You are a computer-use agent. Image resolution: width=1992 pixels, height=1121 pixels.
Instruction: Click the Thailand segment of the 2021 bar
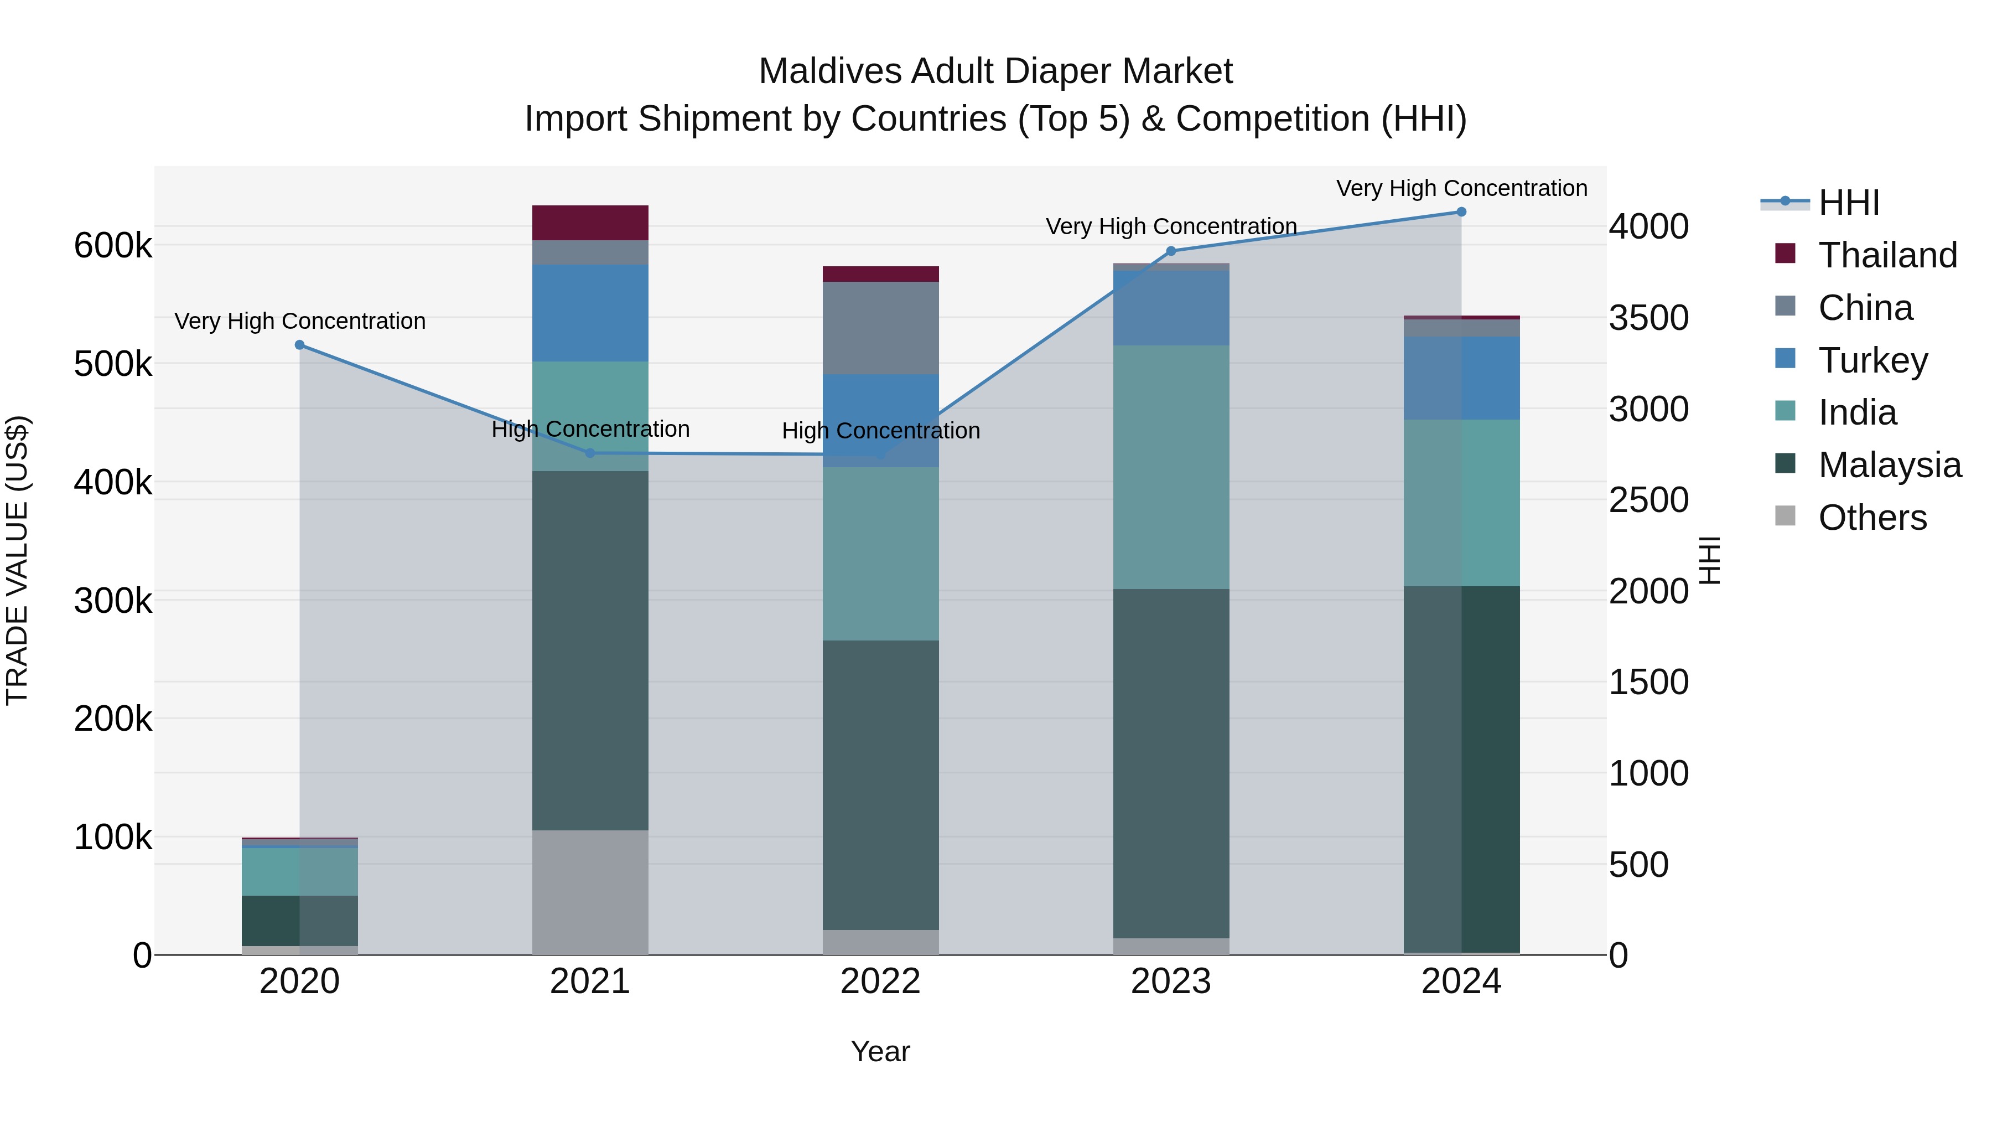[590, 223]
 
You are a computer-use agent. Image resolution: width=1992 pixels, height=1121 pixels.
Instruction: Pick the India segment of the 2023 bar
[1171, 467]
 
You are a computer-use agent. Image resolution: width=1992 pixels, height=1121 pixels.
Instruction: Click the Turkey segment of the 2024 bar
[1461, 378]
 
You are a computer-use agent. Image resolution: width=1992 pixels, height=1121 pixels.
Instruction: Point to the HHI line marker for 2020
[300, 345]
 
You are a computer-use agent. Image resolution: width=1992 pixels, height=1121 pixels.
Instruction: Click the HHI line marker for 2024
[1461, 212]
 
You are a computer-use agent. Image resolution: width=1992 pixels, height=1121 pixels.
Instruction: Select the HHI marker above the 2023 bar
[1171, 251]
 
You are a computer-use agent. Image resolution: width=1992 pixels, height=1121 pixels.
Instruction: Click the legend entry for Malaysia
[1889, 465]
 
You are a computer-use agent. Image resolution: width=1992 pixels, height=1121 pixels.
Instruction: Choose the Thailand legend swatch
[1784, 254]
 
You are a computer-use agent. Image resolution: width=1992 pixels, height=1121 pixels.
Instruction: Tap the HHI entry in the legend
[1848, 203]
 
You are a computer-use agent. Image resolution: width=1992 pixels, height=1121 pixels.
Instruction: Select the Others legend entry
[1871, 518]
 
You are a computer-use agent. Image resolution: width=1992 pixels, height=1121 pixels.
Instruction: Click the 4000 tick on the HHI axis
[1649, 226]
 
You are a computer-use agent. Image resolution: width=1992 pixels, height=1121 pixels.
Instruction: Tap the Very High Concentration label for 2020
[300, 321]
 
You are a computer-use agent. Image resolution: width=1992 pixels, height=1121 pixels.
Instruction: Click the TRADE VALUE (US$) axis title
[17, 560]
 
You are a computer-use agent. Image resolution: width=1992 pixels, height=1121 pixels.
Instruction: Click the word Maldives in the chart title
[830, 71]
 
